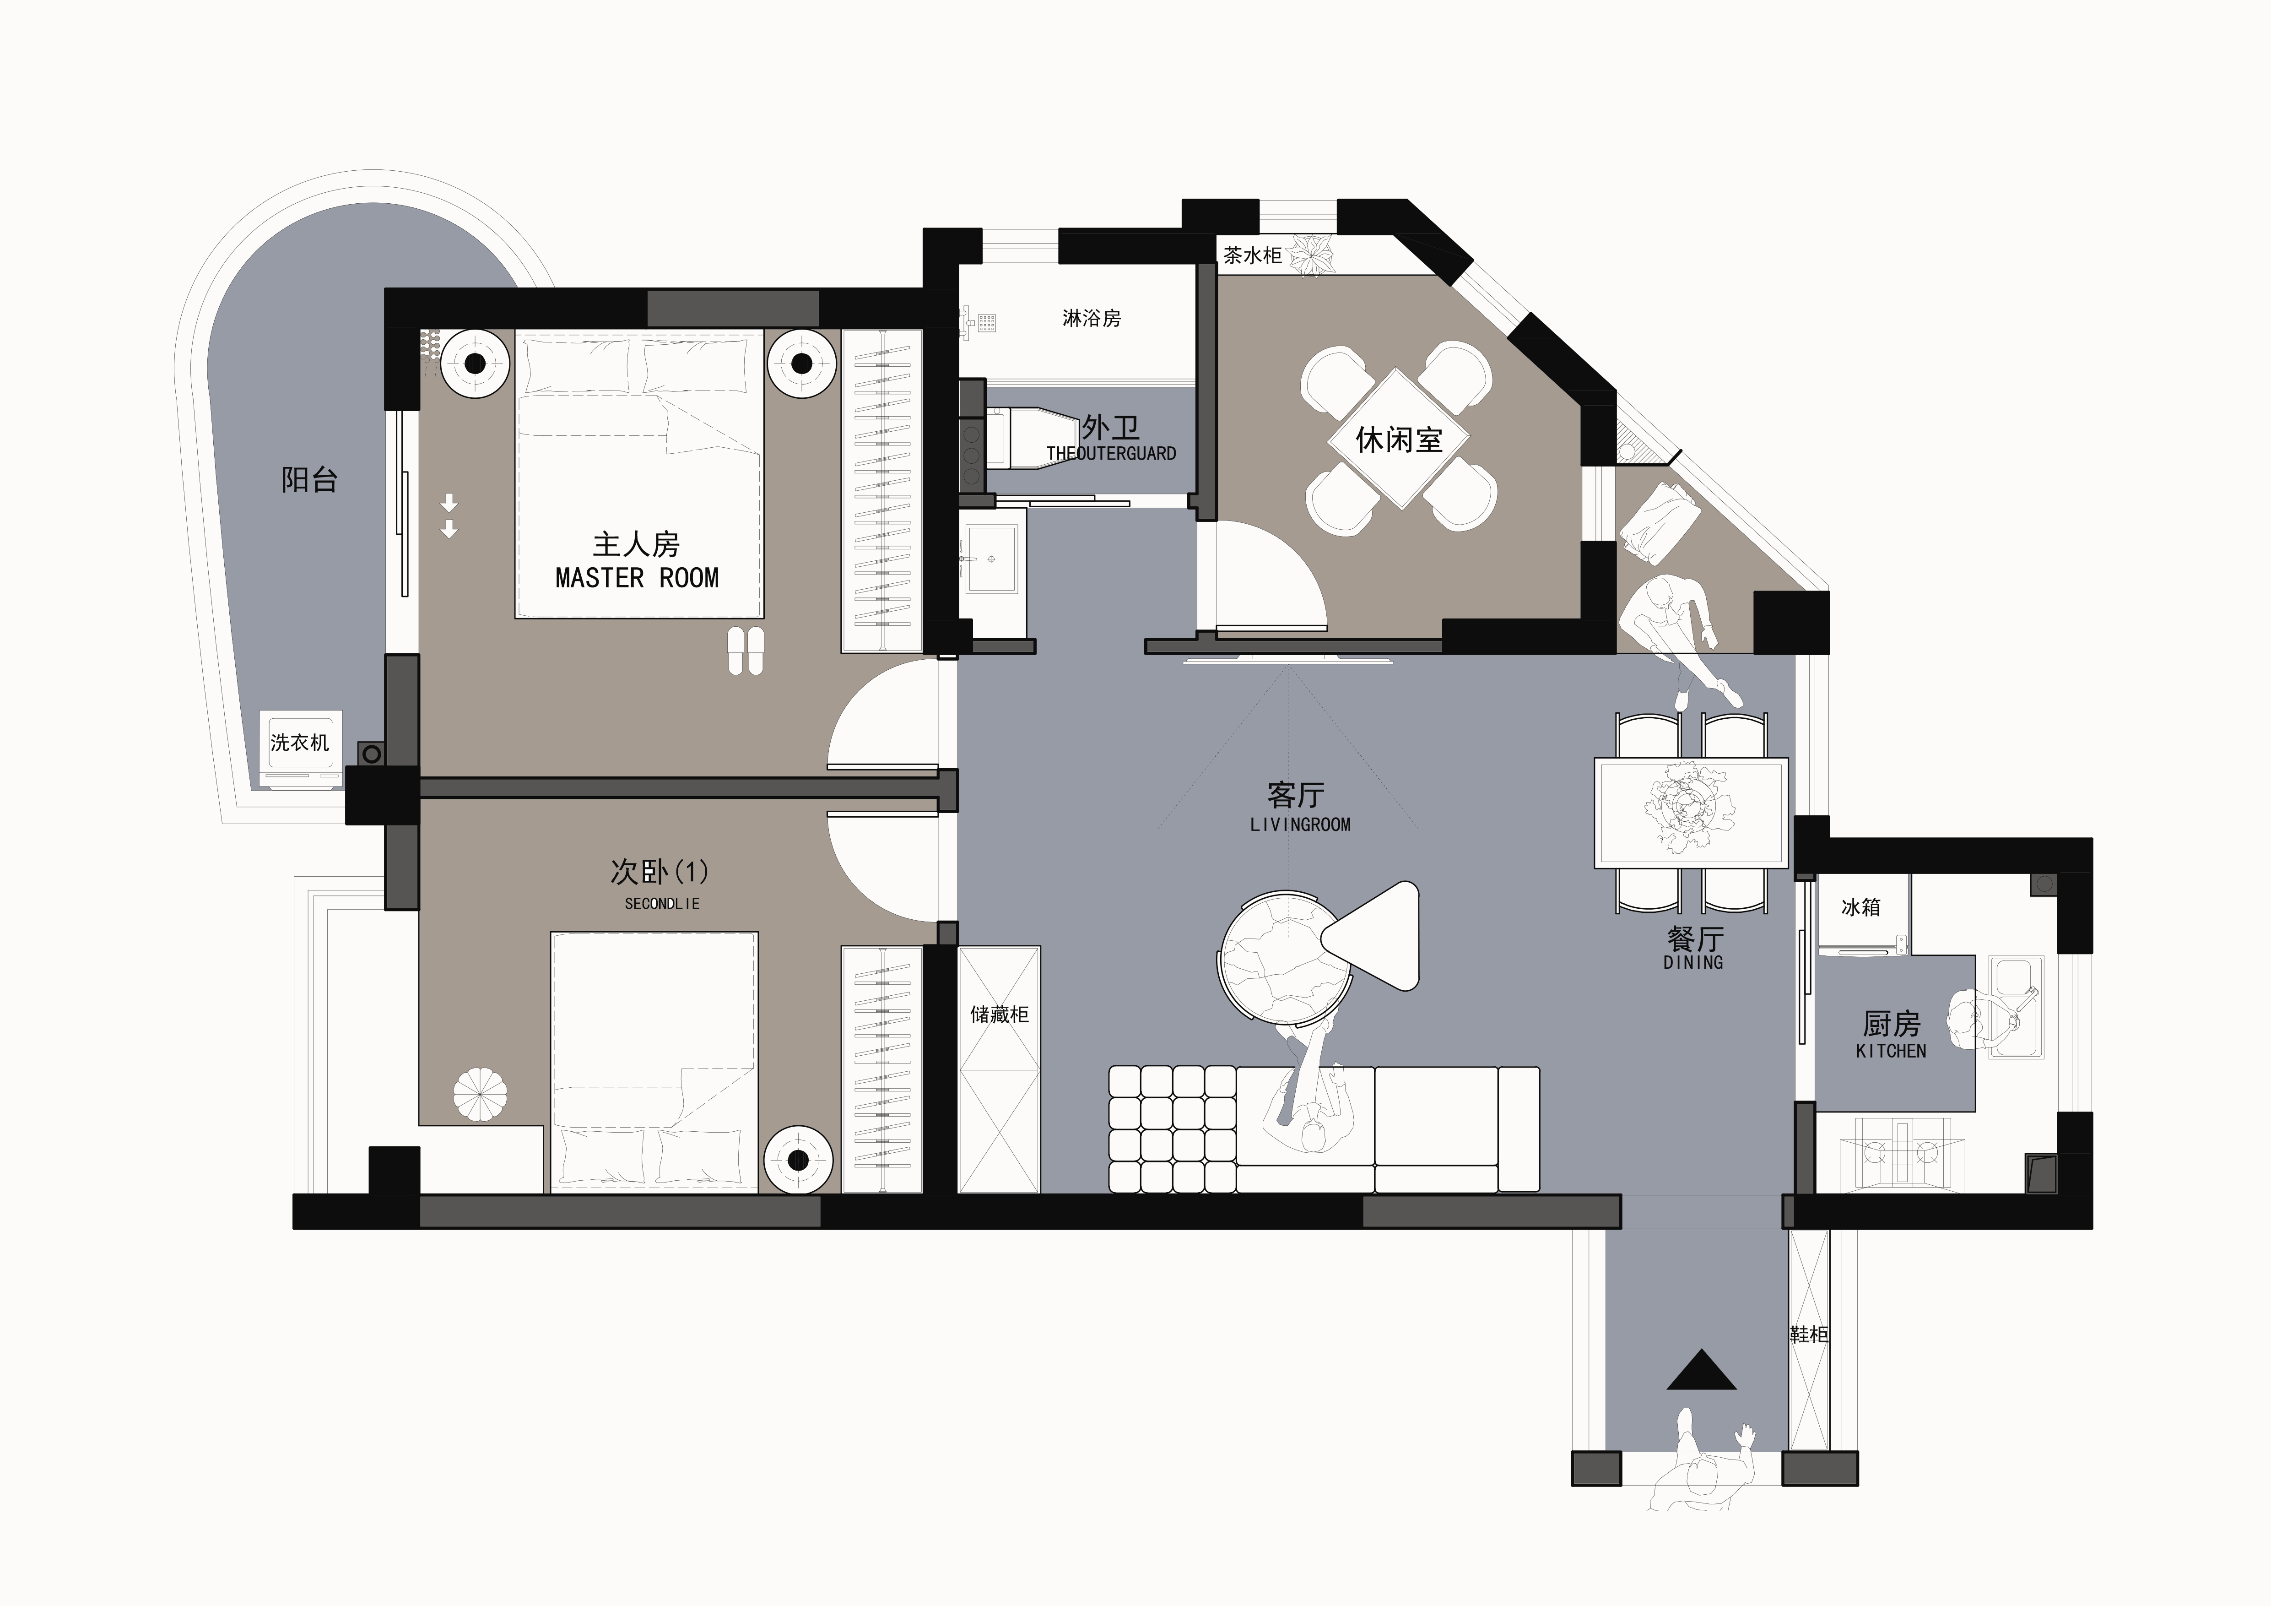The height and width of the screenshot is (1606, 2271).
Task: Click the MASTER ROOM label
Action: click(x=637, y=578)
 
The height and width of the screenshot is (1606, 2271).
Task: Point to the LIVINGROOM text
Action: click(x=1300, y=824)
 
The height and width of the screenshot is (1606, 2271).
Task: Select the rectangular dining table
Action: click(x=1692, y=813)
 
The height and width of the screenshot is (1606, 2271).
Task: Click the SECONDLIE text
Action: click(x=662, y=903)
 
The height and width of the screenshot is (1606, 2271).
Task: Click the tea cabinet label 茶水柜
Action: click(x=1252, y=255)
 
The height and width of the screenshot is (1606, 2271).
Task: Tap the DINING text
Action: click(x=1693, y=962)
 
